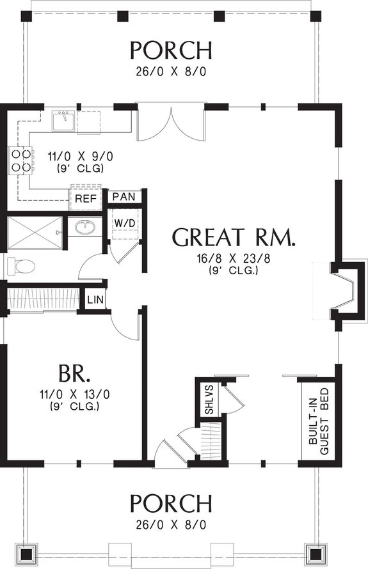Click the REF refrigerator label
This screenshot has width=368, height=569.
(86, 199)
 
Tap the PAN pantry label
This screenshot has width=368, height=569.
(124, 196)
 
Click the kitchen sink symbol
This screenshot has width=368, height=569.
(63, 119)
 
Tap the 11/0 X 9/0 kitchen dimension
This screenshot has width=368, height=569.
(74, 156)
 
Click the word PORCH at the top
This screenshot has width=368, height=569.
(170, 49)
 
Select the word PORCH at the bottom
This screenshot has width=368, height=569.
(170, 503)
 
